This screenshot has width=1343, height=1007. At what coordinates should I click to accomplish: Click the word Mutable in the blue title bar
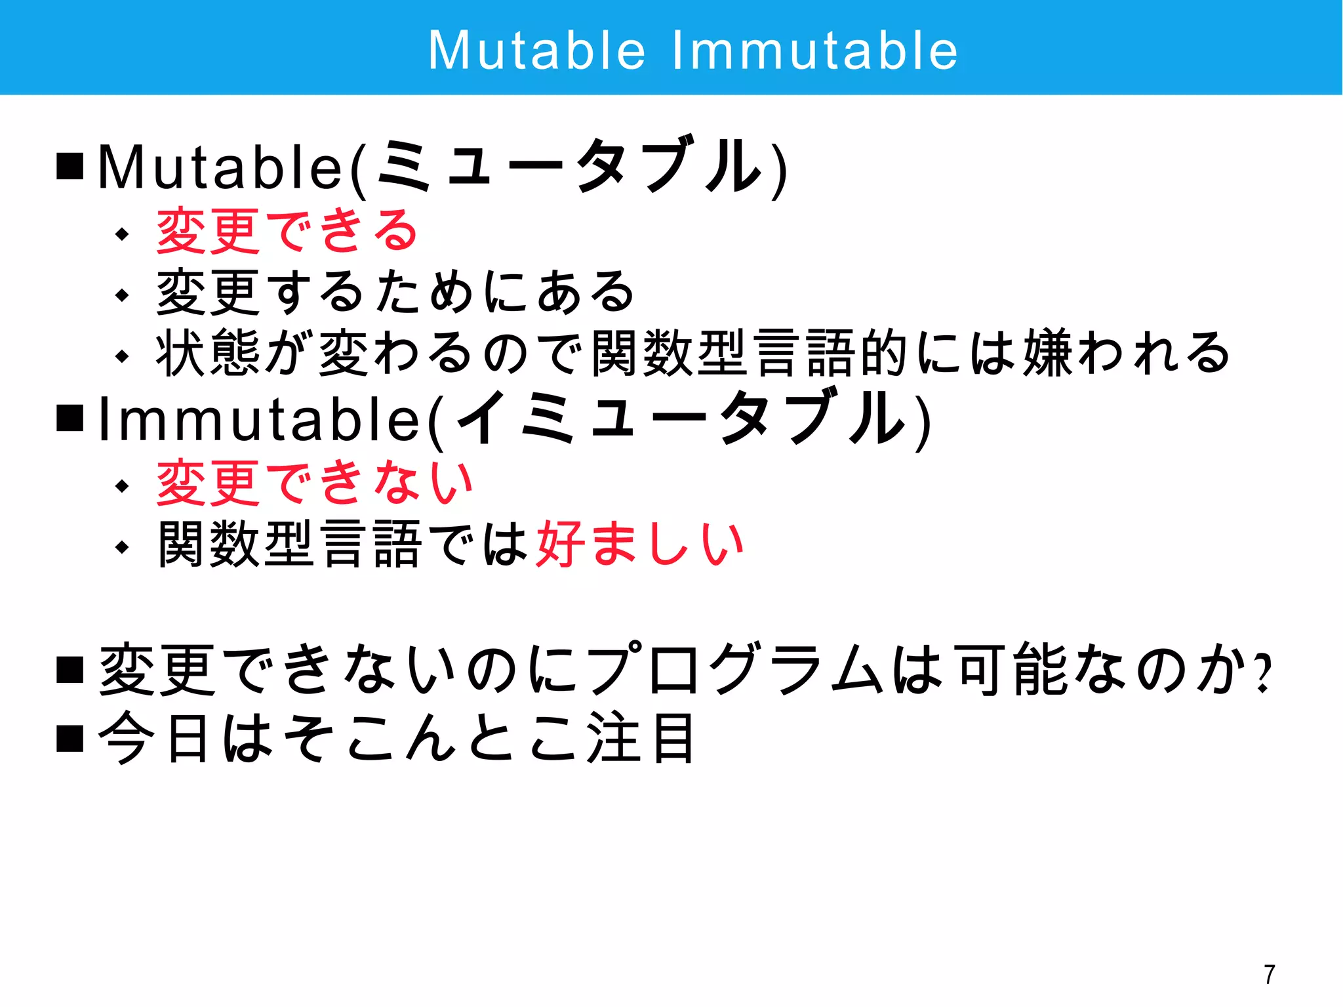pyautogui.click(x=537, y=51)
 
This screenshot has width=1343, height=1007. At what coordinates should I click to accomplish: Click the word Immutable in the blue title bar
pyautogui.click(x=815, y=51)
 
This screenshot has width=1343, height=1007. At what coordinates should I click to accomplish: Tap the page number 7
pyautogui.click(x=1270, y=974)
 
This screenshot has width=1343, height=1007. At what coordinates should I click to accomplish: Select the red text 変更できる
pyautogui.click(x=287, y=231)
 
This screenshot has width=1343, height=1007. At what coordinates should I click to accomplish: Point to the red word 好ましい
pyautogui.click(x=640, y=544)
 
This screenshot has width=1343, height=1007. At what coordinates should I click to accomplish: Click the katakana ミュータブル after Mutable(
pyautogui.click(x=570, y=167)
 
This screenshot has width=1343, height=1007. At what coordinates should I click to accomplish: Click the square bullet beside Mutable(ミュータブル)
pyautogui.click(x=70, y=166)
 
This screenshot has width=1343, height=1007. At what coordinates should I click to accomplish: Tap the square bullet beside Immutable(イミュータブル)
pyautogui.click(x=70, y=418)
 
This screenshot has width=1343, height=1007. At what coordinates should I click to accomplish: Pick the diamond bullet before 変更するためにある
pyautogui.click(x=122, y=295)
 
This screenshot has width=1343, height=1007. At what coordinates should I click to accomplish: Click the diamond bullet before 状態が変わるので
pyautogui.click(x=122, y=356)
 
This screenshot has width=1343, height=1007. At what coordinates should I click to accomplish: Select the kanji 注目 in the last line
pyautogui.click(x=640, y=739)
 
